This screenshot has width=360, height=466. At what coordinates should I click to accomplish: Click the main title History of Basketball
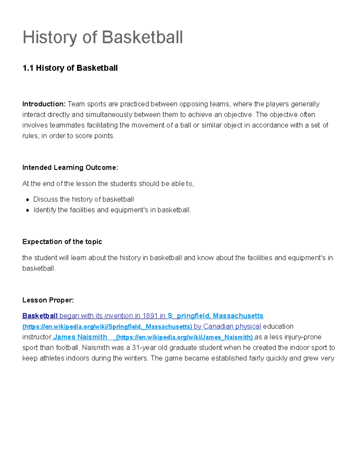[x=103, y=38]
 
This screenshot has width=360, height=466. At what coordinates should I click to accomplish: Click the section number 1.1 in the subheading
[x=28, y=68]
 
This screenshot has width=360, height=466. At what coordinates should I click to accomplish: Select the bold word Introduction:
[x=44, y=104]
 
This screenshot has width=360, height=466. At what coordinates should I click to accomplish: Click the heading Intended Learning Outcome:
[x=70, y=167]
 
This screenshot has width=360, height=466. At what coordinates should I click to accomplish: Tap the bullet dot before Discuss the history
[x=28, y=200]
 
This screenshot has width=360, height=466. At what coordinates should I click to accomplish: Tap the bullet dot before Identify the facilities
[x=28, y=210]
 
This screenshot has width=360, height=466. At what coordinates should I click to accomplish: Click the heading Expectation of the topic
[x=62, y=242]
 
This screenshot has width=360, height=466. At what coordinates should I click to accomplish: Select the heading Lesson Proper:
[x=48, y=300]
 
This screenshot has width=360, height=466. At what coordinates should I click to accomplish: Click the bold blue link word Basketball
[x=40, y=316]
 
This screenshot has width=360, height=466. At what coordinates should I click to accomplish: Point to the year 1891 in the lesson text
[x=150, y=316]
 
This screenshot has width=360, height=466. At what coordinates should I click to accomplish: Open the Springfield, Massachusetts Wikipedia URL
[x=107, y=326]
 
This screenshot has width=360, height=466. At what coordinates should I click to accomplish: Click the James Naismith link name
[x=80, y=337]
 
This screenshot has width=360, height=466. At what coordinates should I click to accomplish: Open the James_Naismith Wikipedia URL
[x=184, y=337]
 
